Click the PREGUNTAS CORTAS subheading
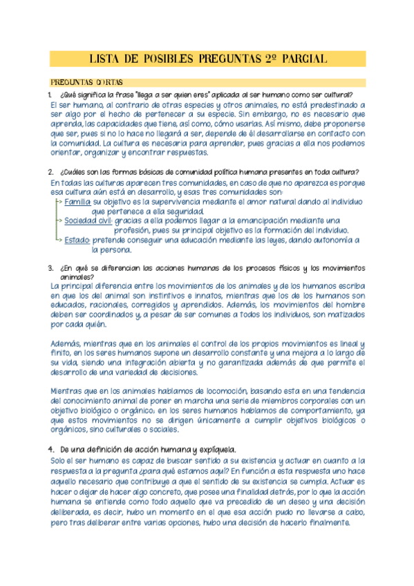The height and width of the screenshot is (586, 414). pyautogui.click(x=87, y=83)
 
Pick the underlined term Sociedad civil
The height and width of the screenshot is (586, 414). pyautogui.click(x=88, y=221)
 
